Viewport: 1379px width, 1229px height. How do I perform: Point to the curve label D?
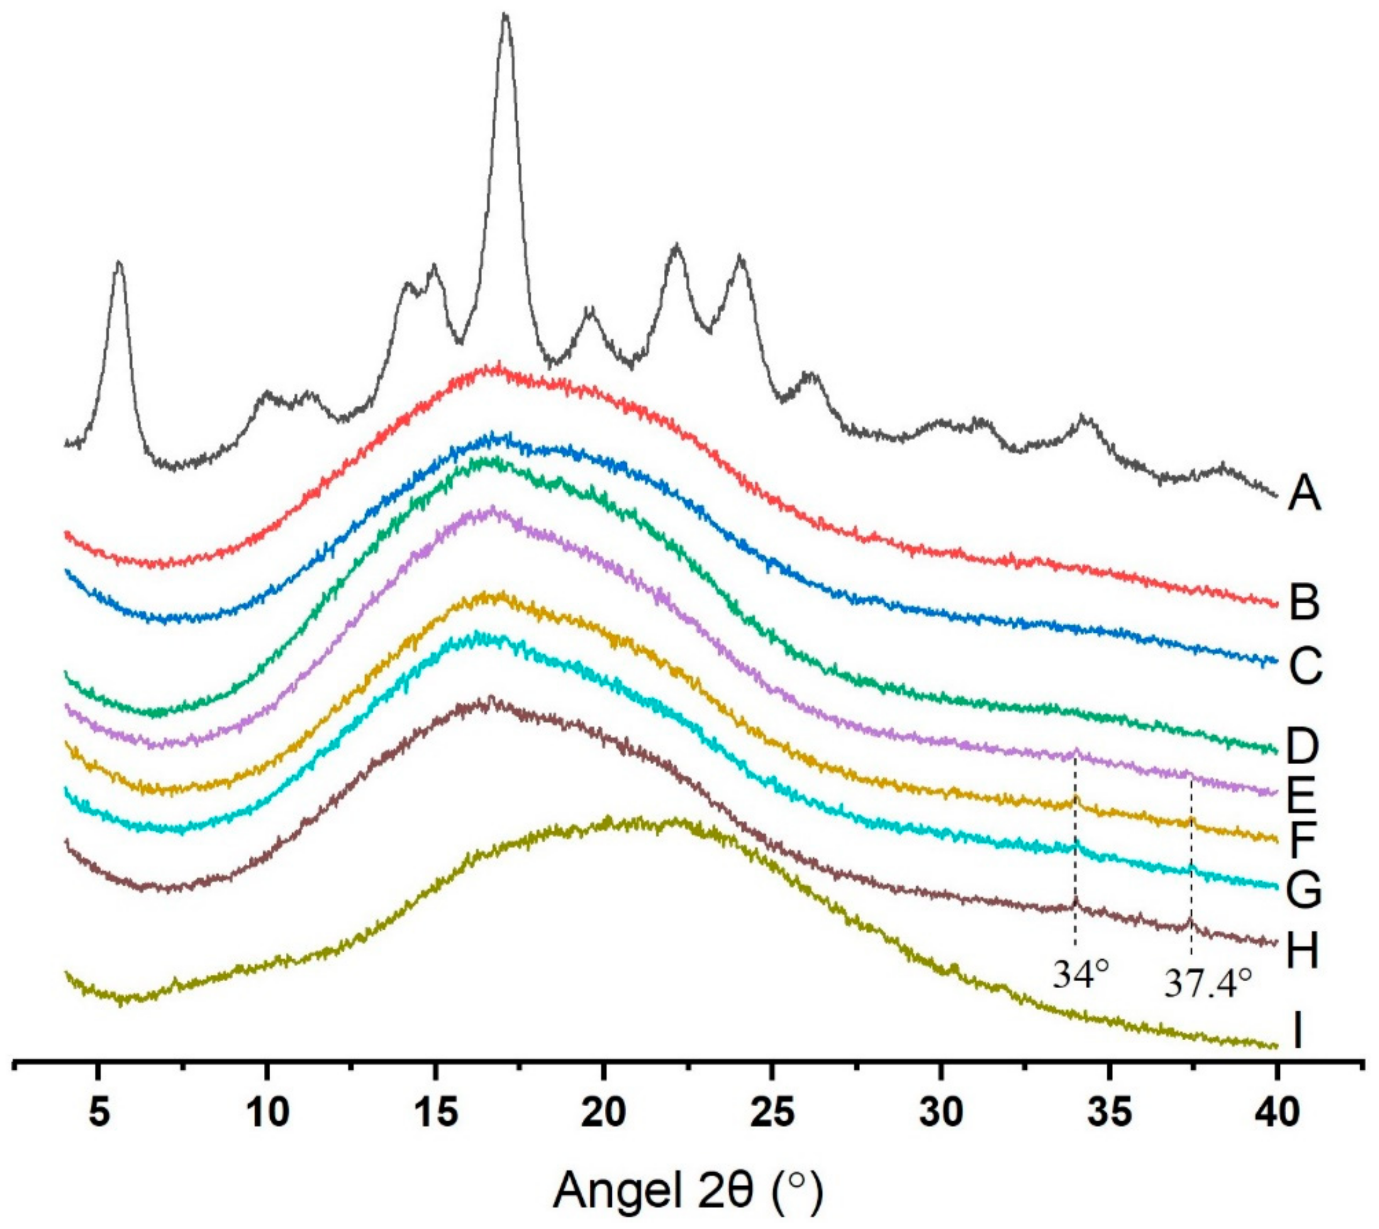tap(1303, 745)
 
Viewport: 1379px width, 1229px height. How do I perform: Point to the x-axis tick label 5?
tap(99, 1113)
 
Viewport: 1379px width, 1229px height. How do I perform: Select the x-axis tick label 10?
tap(267, 1113)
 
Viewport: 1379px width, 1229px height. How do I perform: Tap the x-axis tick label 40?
tap(1277, 1113)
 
